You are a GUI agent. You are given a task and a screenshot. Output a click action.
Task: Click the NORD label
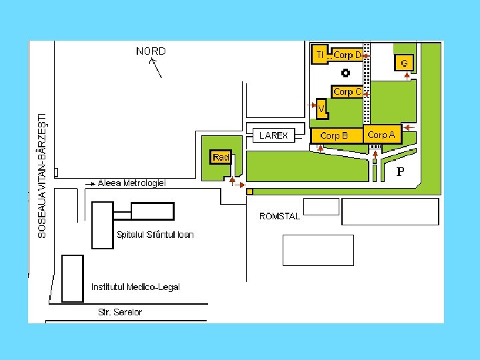point(151,51)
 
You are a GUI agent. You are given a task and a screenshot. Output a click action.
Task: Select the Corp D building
point(347,55)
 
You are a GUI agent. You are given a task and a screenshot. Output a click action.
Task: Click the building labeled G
point(404,63)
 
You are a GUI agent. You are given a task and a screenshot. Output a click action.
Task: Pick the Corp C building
point(347,91)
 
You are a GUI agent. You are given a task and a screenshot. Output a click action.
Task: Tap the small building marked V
point(321,108)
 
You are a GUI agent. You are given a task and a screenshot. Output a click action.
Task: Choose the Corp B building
point(335,135)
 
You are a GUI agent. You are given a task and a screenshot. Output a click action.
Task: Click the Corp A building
point(382,134)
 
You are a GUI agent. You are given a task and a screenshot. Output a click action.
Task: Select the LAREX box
point(273,135)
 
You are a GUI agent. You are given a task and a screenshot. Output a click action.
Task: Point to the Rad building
point(221,157)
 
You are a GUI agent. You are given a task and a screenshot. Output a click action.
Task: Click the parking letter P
point(400,172)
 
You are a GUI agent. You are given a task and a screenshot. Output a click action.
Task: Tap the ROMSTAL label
point(279,216)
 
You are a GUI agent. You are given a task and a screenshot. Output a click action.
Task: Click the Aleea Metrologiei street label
point(131,183)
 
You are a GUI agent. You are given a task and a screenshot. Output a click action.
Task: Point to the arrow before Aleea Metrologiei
point(90,183)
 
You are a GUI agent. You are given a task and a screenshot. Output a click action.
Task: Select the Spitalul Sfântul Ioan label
point(155,235)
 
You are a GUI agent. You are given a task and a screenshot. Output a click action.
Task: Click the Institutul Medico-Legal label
point(135,287)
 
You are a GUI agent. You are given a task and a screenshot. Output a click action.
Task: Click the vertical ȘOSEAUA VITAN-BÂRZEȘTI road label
point(42,174)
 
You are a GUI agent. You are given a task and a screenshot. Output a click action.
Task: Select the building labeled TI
point(320,54)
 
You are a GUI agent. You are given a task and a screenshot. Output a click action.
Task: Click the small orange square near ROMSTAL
point(249,191)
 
